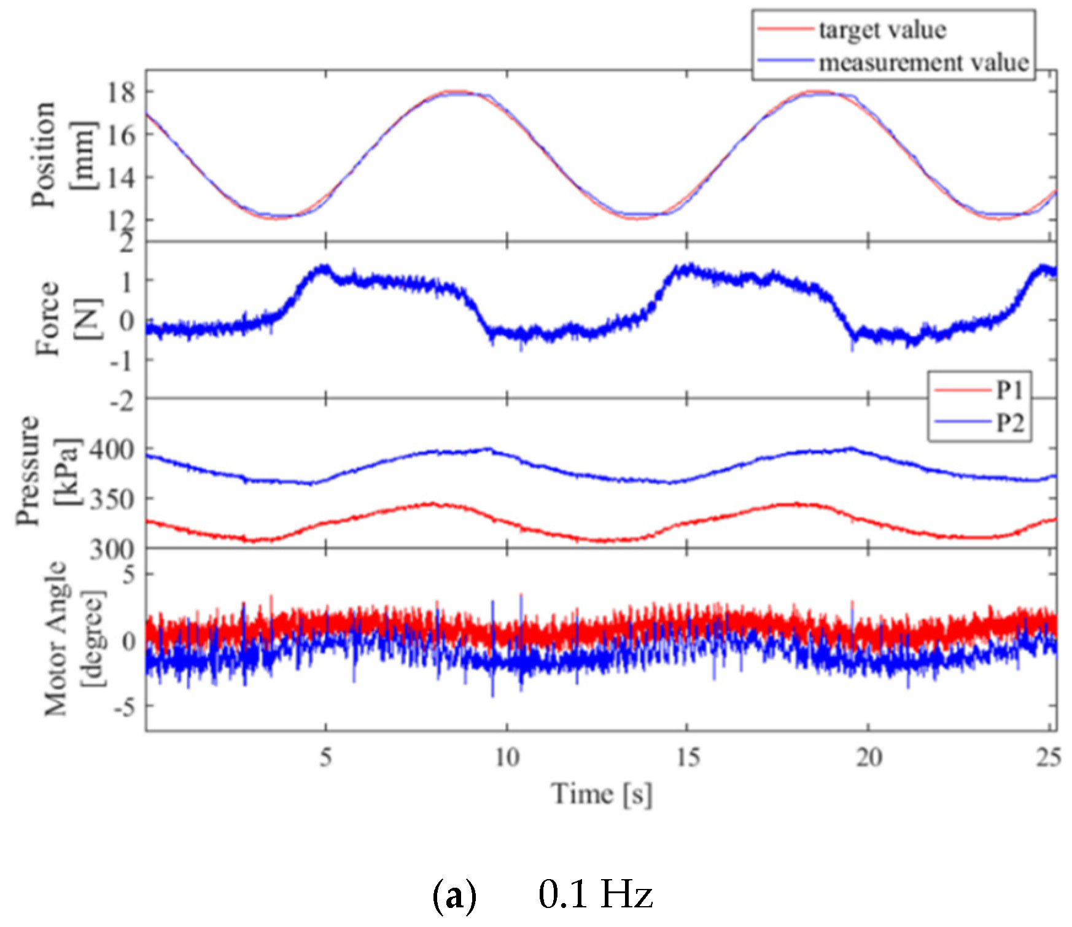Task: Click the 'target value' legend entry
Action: pyautogui.click(x=882, y=29)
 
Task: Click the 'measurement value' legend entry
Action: pyautogui.click(x=923, y=63)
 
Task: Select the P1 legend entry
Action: pyautogui.click(x=1009, y=389)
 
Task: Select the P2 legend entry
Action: pyautogui.click(x=1009, y=422)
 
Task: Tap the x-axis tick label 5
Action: pyautogui.click(x=326, y=758)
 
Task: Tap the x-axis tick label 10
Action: pyautogui.click(x=507, y=758)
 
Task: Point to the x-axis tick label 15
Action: pyautogui.click(x=688, y=758)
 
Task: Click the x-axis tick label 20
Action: pyautogui.click(x=869, y=758)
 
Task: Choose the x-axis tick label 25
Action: pyautogui.click(x=1047, y=758)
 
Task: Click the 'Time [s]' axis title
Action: pyautogui.click(x=602, y=794)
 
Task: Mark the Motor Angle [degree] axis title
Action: pyautogui.click(x=74, y=638)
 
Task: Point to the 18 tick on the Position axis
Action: pyautogui.click(x=122, y=92)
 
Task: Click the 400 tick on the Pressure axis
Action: pyautogui.click(x=112, y=450)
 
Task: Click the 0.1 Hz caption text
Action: pyautogui.click(x=596, y=894)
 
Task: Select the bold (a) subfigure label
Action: pyautogui.click(x=454, y=896)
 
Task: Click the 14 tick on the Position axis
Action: pyautogui.click(x=122, y=177)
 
